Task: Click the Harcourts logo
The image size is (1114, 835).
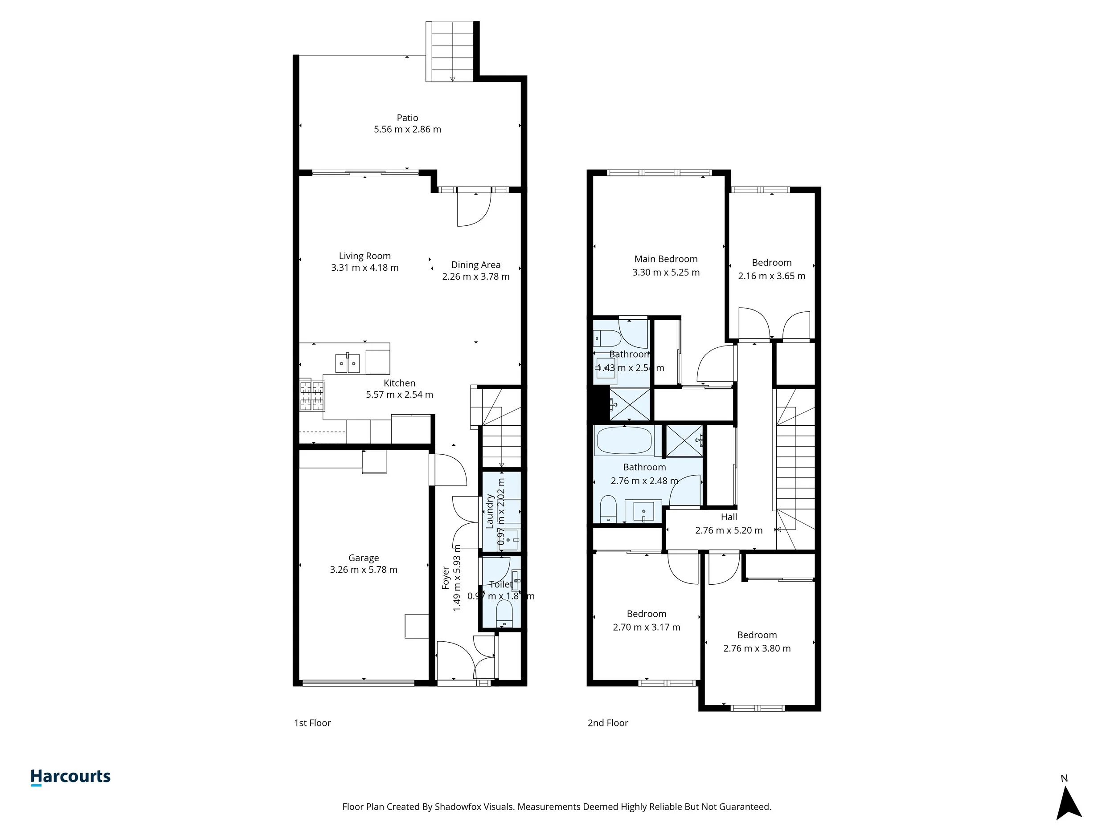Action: [70, 777]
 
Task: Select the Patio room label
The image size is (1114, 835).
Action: [407, 118]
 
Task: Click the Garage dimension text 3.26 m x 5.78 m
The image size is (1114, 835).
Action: [363, 570]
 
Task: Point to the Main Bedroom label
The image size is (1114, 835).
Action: [666, 259]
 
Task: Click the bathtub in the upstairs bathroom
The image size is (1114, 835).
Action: [624, 440]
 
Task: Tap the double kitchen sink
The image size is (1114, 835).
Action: [348, 363]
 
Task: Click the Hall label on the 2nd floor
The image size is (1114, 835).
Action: [729, 517]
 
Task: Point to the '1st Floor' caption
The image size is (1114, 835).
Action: [312, 723]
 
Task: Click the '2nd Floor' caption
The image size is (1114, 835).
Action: [608, 723]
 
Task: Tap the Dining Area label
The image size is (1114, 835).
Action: [475, 265]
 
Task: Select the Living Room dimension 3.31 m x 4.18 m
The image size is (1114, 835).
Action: [365, 268]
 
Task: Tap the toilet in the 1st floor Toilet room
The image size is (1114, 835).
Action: [504, 615]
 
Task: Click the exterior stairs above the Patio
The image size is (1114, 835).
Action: [452, 51]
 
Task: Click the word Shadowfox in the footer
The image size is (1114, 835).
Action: [457, 807]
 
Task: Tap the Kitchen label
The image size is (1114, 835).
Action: [399, 383]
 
